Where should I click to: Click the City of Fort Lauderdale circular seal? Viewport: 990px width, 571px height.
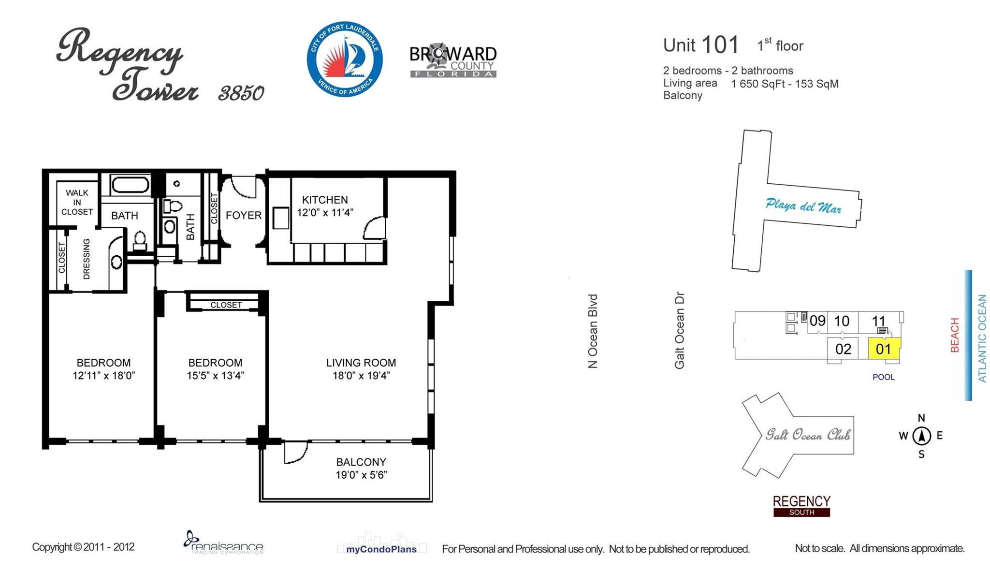pyautogui.click(x=345, y=59)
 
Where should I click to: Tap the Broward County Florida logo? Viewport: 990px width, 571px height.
pyautogui.click(x=453, y=60)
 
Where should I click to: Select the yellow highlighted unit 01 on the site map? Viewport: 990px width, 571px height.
pyautogui.click(x=884, y=348)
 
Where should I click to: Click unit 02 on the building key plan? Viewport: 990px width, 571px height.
pyautogui.click(x=843, y=349)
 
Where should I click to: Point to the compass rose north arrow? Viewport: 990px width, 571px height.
pyautogui.click(x=921, y=436)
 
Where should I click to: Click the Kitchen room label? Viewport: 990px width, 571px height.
pyautogui.click(x=325, y=200)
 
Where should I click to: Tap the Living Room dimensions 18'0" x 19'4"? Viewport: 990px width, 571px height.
pyautogui.click(x=361, y=376)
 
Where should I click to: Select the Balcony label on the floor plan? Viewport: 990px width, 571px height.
pyautogui.click(x=361, y=462)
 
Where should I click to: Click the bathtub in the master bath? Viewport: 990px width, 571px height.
pyautogui.click(x=131, y=185)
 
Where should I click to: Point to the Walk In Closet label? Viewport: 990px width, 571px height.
pyautogui.click(x=77, y=202)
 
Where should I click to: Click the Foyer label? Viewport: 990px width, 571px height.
pyautogui.click(x=244, y=215)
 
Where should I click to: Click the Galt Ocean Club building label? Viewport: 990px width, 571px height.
pyautogui.click(x=807, y=435)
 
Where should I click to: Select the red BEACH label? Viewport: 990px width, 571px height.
pyautogui.click(x=955, y=335)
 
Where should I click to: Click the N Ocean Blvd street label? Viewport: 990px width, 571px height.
pyautogui.click(x=593, y=331)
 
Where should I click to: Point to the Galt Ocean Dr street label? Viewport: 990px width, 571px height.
pyautogui.click(x=680, y=330)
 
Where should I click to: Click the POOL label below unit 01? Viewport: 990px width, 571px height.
pyautogui.click(x=884, y=377)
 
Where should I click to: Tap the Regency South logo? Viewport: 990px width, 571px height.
pyautogui.click(x=801, y=506)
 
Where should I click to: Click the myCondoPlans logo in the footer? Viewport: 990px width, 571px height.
pyautogui.click(x=381, y=545)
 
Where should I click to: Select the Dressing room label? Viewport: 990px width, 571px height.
pyautogui.click(x=87, y=259)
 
